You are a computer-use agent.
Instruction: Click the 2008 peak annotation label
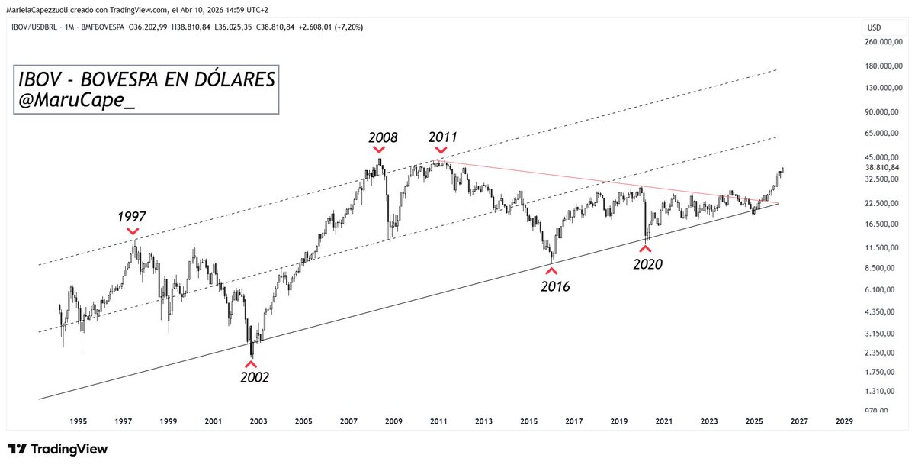pos(382,138)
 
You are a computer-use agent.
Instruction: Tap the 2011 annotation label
pos(442,138)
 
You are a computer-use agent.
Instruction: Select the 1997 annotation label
pos(132,218)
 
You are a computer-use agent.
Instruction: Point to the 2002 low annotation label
pos(255,376)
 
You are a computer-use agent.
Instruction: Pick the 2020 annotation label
pos(647,264)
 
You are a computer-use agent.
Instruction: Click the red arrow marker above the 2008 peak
pos(380,150)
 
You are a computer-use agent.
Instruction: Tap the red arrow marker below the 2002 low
pos(252,363)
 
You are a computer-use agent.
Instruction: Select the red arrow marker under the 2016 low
pos(551,270)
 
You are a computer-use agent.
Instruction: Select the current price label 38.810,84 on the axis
pos(884,168)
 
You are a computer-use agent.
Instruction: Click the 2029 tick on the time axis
pos(844,421)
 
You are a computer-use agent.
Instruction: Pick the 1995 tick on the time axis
pos(78,421)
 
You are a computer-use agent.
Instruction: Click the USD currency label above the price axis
pos(874,27)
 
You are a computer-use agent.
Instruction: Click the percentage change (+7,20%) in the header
pos(346,27)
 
